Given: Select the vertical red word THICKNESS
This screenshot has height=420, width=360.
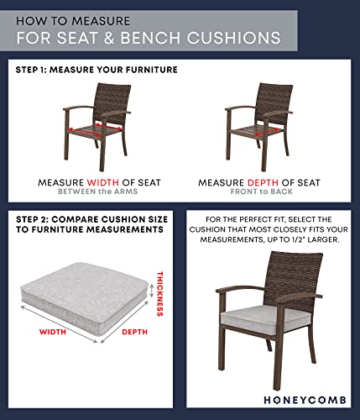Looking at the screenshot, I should (x=159, y=293).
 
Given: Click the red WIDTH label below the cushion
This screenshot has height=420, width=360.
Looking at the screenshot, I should (x=54, y=332).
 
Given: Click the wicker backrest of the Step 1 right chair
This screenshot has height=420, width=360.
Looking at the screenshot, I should (x=268, y=103).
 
